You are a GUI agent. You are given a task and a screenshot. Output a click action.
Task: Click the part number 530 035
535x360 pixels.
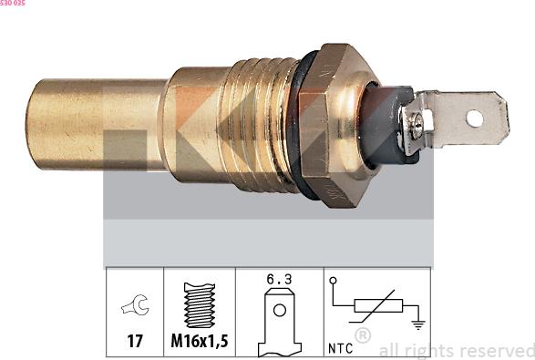coord(13,4)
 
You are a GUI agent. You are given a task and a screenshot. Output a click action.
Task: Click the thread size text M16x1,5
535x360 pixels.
coord(200,344)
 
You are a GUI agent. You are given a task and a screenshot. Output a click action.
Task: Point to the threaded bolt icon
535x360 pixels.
coord(200,304)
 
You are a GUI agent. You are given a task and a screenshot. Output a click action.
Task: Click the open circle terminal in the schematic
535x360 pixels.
coord(334,281)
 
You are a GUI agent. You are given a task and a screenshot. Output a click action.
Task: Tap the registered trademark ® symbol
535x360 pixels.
coord(362,335)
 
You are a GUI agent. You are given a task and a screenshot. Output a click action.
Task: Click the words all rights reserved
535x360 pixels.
coord(456,350)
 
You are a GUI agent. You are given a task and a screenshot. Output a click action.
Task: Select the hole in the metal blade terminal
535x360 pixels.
coord(473,117)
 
